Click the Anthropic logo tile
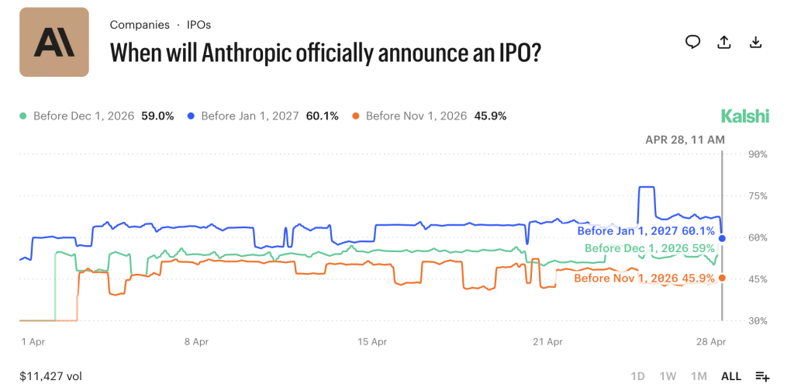(x=54, y=42)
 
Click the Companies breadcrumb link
(x=140, y=25)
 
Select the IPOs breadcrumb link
(x=198, y=25)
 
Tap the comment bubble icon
(x=692, y=42)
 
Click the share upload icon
(x=724, y=42)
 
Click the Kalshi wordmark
(x=745, y=116)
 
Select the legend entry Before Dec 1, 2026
(x=78, y=116)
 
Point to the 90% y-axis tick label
(x=757, y=154)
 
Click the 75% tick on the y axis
(x=757, y=196)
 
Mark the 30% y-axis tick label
(x=757, y=320)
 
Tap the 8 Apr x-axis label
(x=195, y=341)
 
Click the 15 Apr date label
(x=373, y=341)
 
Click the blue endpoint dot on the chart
(x=722, y=238)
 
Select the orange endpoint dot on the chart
(x=722, y=278)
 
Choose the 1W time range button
(x=668, y=376)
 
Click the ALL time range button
(x=731, y=376)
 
